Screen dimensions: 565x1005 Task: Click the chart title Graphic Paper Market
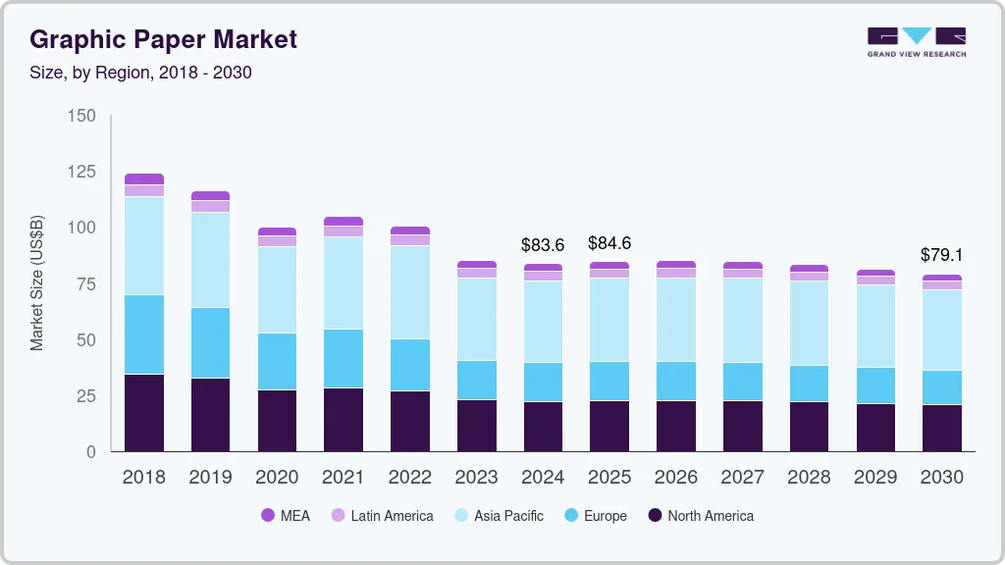[x=163, y=40]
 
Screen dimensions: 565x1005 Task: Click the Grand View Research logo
[x=916, y=42]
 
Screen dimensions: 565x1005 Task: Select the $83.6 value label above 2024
[x=543, y=245]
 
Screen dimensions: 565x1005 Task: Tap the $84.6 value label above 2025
[x=609, y=242]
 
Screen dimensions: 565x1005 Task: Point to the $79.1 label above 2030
[x=942, y=255]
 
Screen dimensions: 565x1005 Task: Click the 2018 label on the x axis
[x=144, y=477]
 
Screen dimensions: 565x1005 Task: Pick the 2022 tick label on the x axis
[x=410, y=477]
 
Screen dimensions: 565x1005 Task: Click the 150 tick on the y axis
[x=82, y=116]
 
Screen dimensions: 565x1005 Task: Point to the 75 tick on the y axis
[x=86, y=284]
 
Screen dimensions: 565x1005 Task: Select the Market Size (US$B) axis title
[x=37, y=284]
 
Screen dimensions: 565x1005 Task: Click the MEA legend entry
[x=286, y=516]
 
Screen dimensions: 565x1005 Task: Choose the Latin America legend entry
[x=382, y=516]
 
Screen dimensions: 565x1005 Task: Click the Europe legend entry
[x=595, y=516]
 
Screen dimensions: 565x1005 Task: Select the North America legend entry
[x=701, y=516]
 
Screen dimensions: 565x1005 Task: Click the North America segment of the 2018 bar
[x=144, y=412]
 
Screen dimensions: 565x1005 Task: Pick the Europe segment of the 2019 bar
[x=211, y=342]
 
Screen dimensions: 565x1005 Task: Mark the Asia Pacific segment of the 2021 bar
[x=344, y=282]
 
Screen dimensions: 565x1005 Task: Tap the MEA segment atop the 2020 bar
[x=277, y=231]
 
